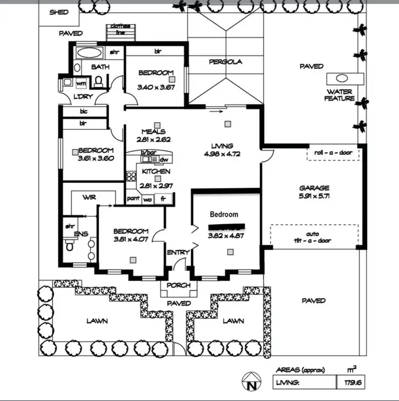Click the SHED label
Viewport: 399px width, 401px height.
click(x=59, y=12)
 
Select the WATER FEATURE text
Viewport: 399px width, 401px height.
click(x=340, y=95)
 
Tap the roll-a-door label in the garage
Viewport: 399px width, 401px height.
click(x=333, y=154)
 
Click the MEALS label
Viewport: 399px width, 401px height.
click(x=153, y=132)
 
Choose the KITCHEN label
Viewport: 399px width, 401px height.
click(x=156, y=171)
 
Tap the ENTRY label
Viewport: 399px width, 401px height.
click(x=178, y=252)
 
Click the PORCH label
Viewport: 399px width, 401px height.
click(x=178, y=285)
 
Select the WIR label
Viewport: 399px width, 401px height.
click(x=89, y=197)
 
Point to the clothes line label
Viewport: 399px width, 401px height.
click(x=121, y=29)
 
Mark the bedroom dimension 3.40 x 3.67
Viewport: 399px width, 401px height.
click(x=156, y=87)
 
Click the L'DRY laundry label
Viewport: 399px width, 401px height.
click(x=70, y=96)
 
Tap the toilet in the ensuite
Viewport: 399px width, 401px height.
click(x=69, y=246)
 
